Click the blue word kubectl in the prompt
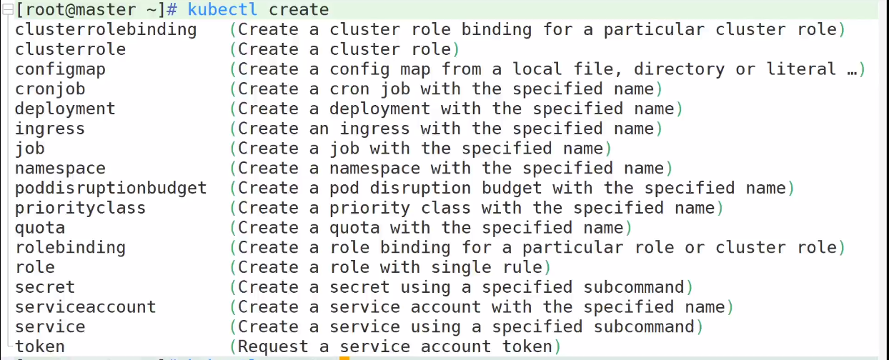point(222,9)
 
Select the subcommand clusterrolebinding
point(106,29)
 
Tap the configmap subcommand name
point(60,70)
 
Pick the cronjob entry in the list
point(50,89)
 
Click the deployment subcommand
point(65,109)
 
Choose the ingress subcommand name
point(50,129)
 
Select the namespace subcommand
point(60,169)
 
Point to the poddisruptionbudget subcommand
point(111,189)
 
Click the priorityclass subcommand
point(81,209)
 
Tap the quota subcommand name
point(40,229)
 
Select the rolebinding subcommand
point(70,248)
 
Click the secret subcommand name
point(45,287)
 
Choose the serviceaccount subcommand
point(86,307)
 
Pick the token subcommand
point(40,346)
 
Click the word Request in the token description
point(273,347)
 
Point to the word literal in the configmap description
point(802,69)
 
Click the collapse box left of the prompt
point(8,9)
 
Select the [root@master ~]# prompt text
point(96,9)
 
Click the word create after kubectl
point(299,9)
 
